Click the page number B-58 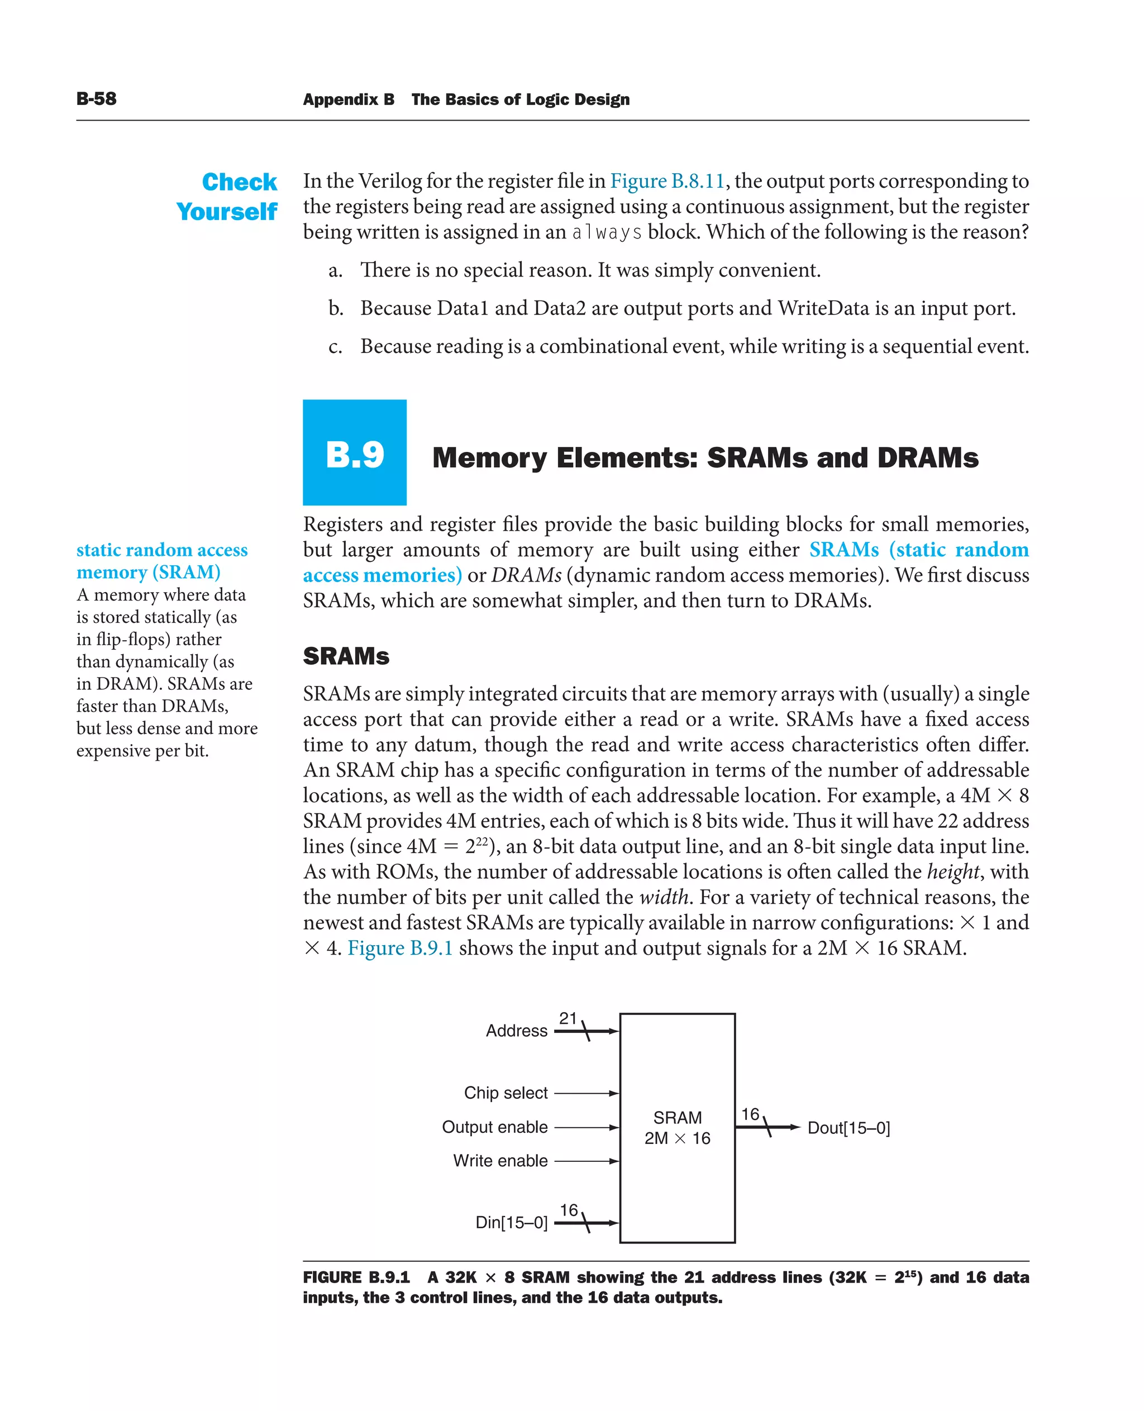coord(96,99)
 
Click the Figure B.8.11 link coord(667,180)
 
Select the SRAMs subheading coord(346,656)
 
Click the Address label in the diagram coord(516,1031)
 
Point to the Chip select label coord(506,1093)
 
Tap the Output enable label coord(494,1127)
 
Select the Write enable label coord(500,1161)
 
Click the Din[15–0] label coord(511,1223)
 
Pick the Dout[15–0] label coord(848,1128)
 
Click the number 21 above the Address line coord(568,1018)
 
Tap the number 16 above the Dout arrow coord(750,1114)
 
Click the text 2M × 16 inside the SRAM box coord(677,1138)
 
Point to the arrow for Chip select coord(586,1093)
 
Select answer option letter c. coord(335,347)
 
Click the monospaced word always coord(606,232)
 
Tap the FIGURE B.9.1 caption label coord(356,1277)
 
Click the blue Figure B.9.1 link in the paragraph coord(400,948)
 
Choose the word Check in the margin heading coord(239,182)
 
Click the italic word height coord(953,872)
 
